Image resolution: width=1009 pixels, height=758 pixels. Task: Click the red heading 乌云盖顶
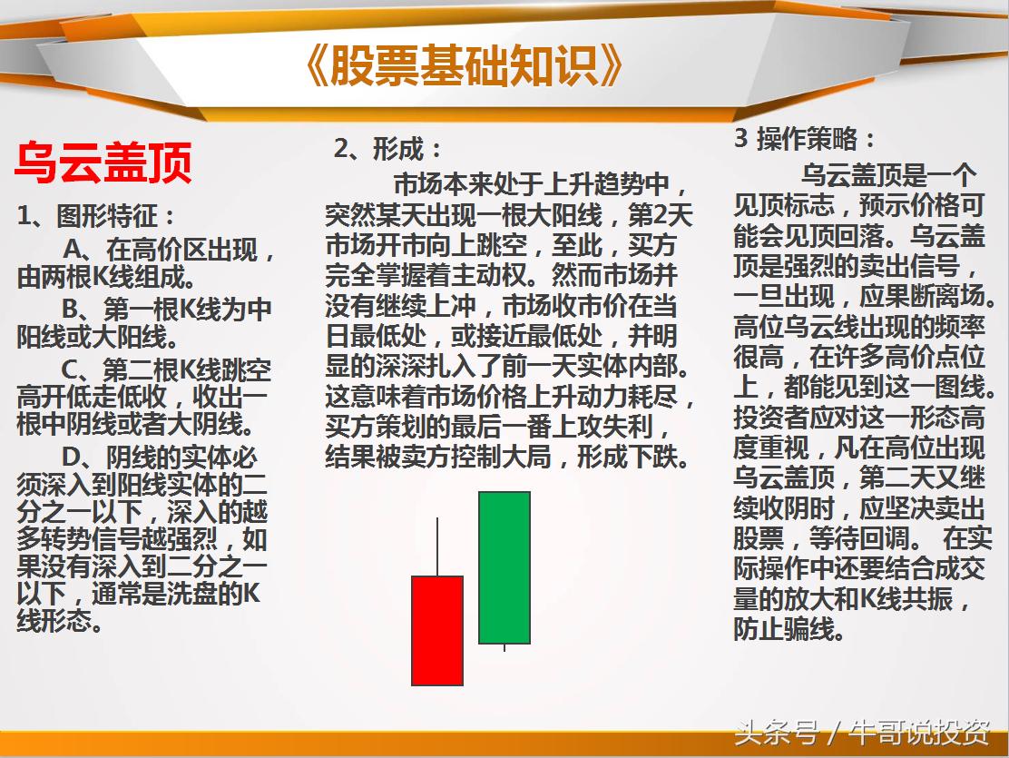[103, 163]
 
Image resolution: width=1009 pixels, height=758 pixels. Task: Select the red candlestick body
[437, 630]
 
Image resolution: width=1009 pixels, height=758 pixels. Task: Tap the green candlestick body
[504, 567]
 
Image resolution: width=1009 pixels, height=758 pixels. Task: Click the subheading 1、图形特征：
[96, 216]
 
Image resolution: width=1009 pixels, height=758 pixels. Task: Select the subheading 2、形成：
[388, 149]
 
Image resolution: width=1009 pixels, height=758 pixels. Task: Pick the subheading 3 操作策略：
[805, 139]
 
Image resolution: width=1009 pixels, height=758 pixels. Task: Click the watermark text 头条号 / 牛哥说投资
[862, 732]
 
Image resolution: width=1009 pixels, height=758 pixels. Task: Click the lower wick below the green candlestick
[504, 647]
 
